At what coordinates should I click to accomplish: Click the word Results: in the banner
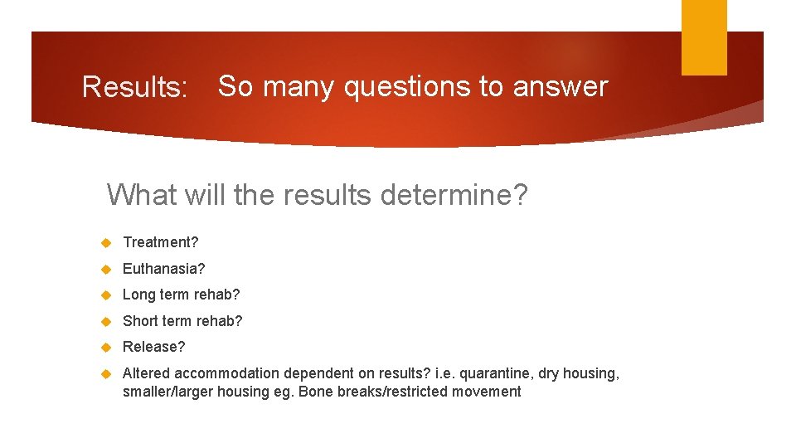[x=135, y=87]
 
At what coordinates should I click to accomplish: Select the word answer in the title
[x=561, y=86]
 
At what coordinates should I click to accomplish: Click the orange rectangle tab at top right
[x=704, y=37]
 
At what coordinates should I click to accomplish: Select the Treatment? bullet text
[x=161, y=242]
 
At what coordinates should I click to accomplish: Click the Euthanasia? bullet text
[x=163, y=269]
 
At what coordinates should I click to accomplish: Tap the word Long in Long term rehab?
[x=138, y=295]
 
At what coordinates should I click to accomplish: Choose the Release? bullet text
[x=154, y=347]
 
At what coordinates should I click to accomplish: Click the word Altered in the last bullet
[x=146, y=373]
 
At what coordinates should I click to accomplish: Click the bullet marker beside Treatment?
[x=106, y=243]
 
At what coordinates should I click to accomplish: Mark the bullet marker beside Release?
[x=106, y=348]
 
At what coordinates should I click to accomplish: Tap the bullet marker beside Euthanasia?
[x=106, y=270]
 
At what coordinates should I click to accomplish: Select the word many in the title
[x=299, y=86]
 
